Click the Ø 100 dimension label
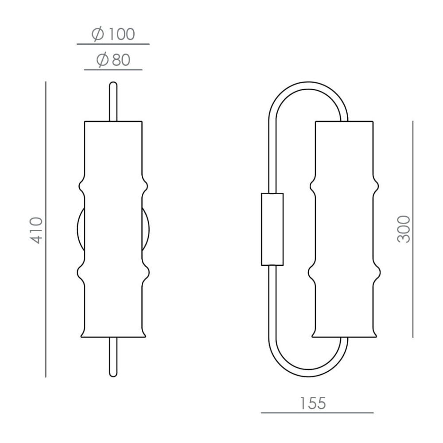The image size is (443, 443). point(113,34)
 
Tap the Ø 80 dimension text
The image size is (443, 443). point(113,60)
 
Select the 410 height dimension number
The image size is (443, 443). point(36,230)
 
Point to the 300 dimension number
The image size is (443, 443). point(404,229)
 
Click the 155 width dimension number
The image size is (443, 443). point(313,403)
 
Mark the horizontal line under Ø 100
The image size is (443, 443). point(113,44)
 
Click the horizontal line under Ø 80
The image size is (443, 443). point(113,70)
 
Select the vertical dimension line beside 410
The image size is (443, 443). point(46,229)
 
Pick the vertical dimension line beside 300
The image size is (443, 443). point(413,229)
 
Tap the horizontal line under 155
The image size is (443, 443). point(317,413)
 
